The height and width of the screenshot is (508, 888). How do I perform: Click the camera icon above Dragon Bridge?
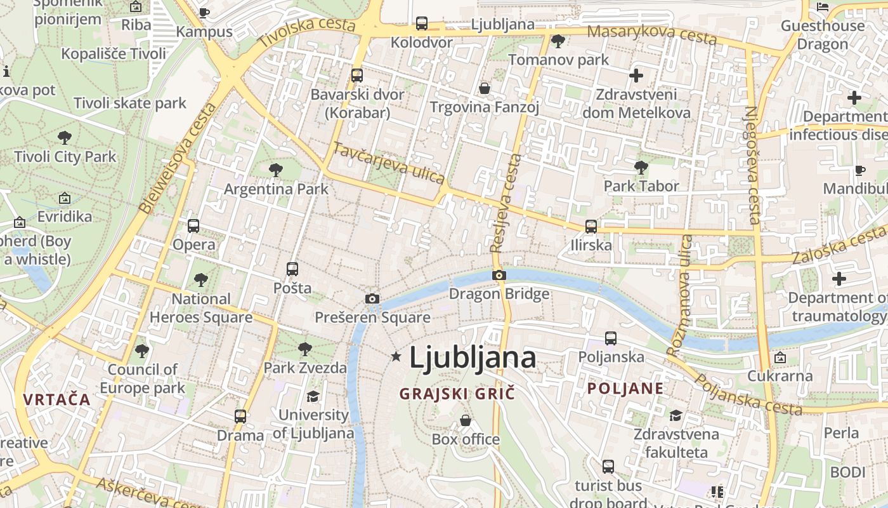499,275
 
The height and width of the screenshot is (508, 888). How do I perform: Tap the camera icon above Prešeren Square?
372,298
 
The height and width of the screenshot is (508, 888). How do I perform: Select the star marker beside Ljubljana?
396,357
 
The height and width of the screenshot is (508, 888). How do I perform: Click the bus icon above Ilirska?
591,226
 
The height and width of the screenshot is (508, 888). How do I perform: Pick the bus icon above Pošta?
292,269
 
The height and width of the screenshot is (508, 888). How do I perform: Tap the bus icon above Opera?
193,226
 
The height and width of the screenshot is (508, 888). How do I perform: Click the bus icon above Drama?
240,417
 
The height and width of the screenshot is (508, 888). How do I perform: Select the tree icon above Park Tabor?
641,168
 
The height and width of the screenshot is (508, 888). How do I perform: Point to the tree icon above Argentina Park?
276,170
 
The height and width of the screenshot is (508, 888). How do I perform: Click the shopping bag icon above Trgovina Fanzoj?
485,88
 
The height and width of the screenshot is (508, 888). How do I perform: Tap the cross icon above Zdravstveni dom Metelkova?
636,76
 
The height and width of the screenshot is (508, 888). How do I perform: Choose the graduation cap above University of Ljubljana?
313,397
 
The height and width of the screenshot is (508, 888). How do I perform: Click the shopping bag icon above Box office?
466,420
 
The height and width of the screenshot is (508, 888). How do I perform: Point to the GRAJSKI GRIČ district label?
457,394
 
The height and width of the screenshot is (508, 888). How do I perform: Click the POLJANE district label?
625,389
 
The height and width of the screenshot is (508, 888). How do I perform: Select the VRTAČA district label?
57,399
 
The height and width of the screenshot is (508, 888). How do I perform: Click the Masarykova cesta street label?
652,35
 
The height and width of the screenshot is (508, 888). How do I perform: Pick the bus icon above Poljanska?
611,338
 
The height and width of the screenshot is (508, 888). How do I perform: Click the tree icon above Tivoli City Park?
65,138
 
